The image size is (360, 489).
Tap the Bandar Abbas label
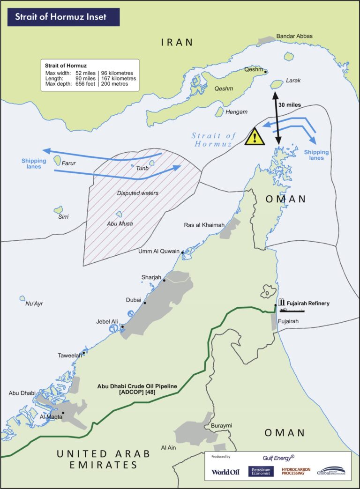pyautogui.click(x=294, y=36)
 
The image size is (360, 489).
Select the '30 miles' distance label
pyautogui.click(x=289, y=104)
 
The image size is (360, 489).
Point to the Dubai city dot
pyautogui.click(x=145, y=303)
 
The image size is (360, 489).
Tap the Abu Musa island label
pyautogui.click(x=120, y=223)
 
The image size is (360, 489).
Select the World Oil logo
pyautogui.click(x=225, y=472)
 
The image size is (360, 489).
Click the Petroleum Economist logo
pyautogui.click(x=261, y=471)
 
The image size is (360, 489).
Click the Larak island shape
pyautogui.click(x=277, y=84)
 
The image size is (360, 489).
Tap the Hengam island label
pyautogui.click(x=236, y=112)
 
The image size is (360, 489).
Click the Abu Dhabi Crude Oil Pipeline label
pyautogui.click(x=137, y=390)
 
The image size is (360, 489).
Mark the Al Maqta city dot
pyautogui.click(x=63, y=413)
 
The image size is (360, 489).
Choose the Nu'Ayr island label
pyautogui.click(x=34, y=304)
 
